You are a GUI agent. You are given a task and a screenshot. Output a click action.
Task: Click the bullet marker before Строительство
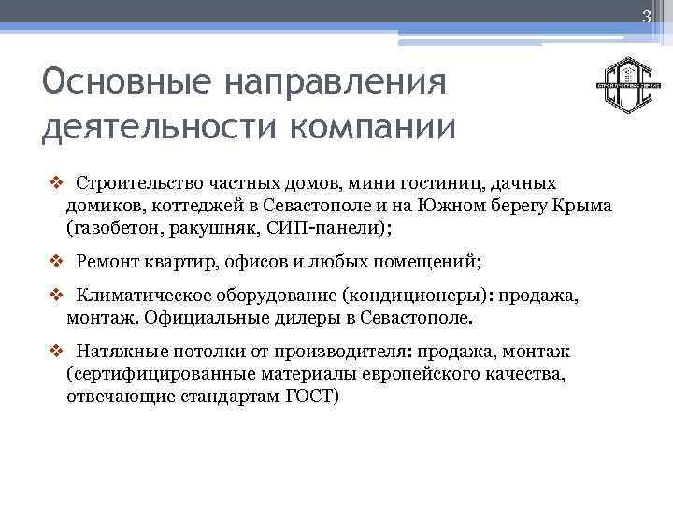tap(53, 182)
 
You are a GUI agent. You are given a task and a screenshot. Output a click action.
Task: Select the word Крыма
tap(585, 205)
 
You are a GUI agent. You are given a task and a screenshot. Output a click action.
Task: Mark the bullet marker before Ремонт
tap(53, 263)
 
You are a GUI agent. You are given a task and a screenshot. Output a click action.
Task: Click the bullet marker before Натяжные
tap(53, 352)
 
